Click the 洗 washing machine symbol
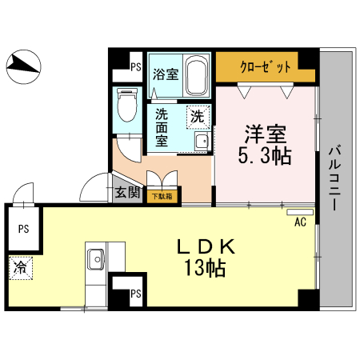[197, 116]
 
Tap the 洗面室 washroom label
[162, 127]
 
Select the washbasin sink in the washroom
[201, 142]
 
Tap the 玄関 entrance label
[129, 192]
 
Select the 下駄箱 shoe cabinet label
[162, 194]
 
